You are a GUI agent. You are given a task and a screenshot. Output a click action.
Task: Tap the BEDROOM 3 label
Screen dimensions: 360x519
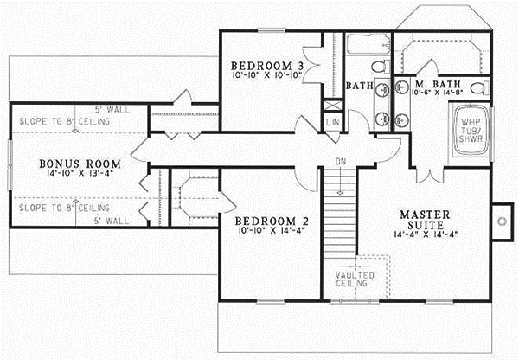click(x=266, y=67)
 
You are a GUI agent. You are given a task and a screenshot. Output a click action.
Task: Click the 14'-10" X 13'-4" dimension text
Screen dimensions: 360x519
click(x=76, y=174)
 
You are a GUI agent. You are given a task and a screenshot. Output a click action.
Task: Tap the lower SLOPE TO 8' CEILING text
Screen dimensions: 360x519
click(x=62, y=209)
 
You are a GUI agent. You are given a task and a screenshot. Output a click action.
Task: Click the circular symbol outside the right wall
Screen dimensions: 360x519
click(x=502, y=220)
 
